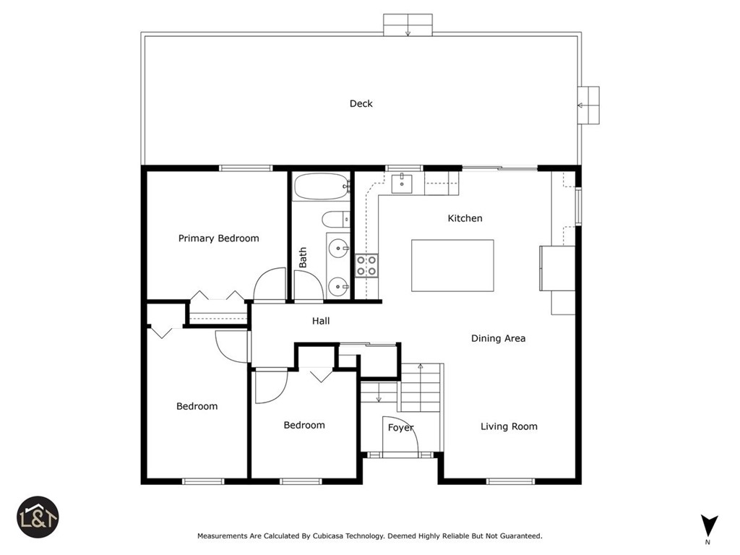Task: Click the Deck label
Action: pyautogui.click(x=361, y=103)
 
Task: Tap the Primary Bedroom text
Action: pyautogui.click(x=218, y=238)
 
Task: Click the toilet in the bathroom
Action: pyautogui.click(x=335, y=219)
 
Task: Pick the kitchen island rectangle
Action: pyautogui.click(x=452, y=265)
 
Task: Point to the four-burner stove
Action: pyautogui.click(x=366, y=265)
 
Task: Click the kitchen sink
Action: pyautogui.click(x=401, y=183)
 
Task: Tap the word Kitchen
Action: pyautogui.click(x=465, y=218)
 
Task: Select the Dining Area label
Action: pyautogui.click(x=498, y=338)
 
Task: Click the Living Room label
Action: pyautogui.click(x=509, y=426)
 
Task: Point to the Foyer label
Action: pyautogui.click(x=400, y=428)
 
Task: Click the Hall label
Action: pyautogui.click(x=321, y=321)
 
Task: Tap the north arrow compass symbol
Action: pyautogui.click(x=709, y=525)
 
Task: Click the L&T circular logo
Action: pyautogui.click(x=38, y=517)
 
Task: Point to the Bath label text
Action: pyautogui.click(x=303, y=257)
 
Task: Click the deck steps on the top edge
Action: pyautogui.click(x=408, y=25)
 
